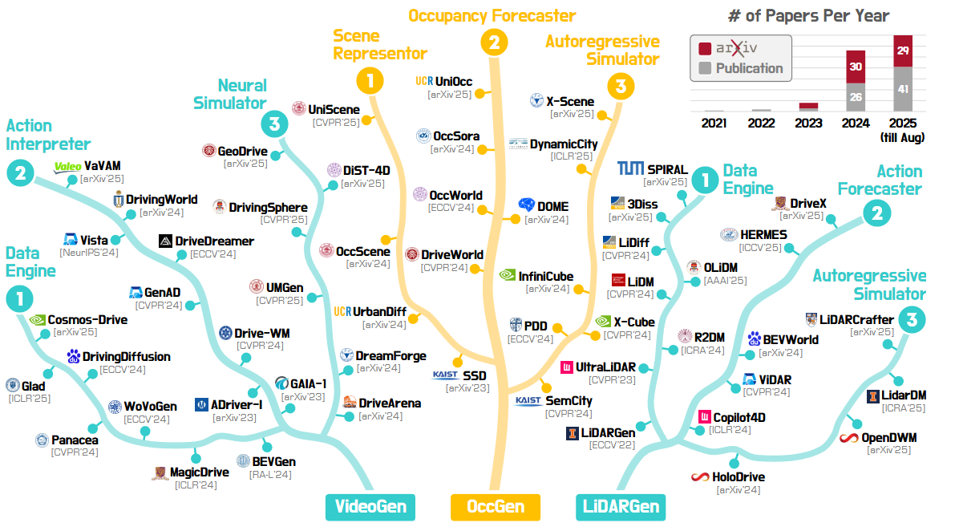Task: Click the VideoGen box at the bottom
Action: coord(370,506)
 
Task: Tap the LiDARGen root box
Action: coord(620,506)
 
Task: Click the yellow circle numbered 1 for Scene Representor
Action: coord(370,79)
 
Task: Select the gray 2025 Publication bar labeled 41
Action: coord(903,89)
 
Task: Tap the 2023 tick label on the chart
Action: coord(808,124)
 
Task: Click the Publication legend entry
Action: coord(749,68)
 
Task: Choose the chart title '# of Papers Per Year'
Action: coord(808,16)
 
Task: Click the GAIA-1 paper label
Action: coord(309,383)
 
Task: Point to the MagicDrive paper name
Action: coord(200,472)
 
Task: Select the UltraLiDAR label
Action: coord(605,367)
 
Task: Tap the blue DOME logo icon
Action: coord(526,206)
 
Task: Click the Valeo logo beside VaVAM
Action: coord(67,167)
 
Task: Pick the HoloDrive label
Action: coord(739,477)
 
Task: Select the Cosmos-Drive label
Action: coord(87,319)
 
